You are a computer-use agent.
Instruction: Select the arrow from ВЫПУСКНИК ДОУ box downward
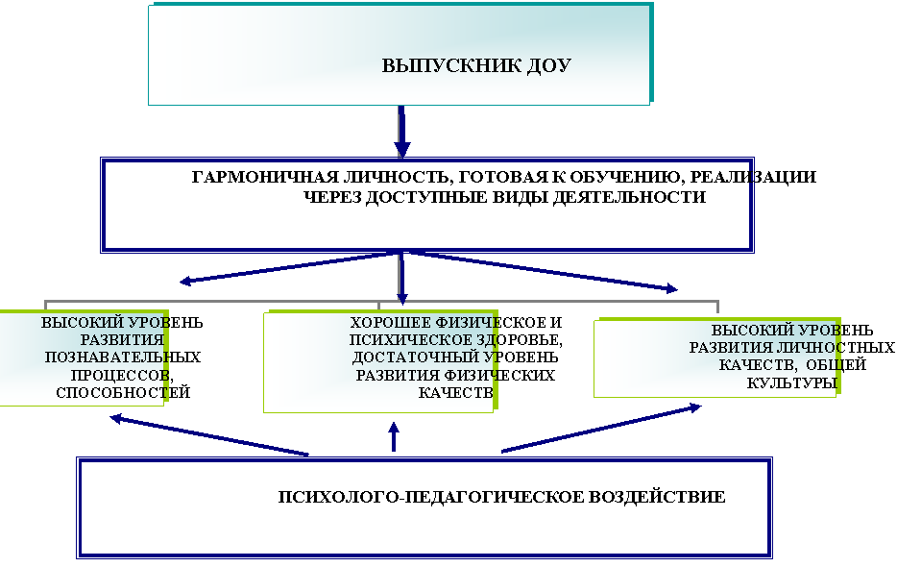coord(401,132)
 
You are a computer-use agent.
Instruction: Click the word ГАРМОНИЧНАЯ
coord(265,178)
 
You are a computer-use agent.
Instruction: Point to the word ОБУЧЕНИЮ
coord(627,178)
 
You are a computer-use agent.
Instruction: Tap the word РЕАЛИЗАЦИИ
coord(753,178)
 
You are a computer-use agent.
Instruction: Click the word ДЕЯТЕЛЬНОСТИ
coord(630,197)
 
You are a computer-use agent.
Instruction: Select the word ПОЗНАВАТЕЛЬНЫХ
coord(123,357)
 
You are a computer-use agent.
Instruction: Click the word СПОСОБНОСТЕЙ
coord(123,392)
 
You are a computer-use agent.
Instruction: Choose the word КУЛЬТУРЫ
coord(791,383)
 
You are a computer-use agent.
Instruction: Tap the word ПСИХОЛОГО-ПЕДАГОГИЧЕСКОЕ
coord(430,497)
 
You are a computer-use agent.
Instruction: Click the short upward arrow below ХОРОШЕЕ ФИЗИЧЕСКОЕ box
coord(394,436)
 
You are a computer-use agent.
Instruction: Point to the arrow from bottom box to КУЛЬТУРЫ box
coord(601,429)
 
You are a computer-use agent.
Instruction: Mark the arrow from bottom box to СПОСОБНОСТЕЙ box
coord(209,434)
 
